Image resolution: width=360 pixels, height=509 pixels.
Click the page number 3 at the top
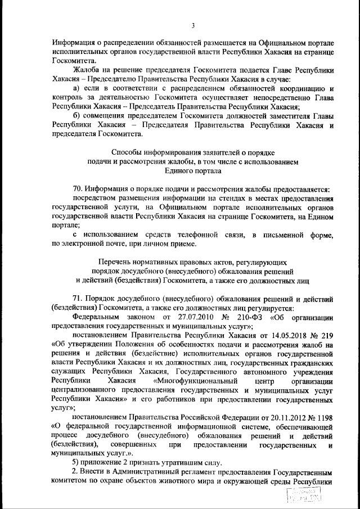[x=192, y=25]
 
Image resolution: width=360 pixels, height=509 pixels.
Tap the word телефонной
[x=201, y=234]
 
